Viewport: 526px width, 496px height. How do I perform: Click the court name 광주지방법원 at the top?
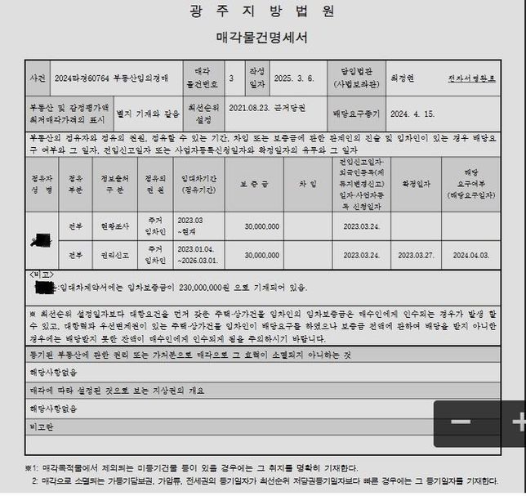(x=262, y=11)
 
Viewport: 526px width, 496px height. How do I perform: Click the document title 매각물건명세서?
(x=262, y=38)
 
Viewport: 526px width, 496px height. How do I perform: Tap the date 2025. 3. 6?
(x=291, y=79)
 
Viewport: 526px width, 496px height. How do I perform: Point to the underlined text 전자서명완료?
(x=471, y=78)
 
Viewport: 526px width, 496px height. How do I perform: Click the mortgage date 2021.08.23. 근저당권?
(x=266, y=109)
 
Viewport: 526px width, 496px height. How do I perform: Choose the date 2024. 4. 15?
(x=412, y=114)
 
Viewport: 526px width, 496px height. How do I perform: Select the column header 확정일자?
(x=414, y=184)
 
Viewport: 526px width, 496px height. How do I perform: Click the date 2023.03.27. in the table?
(x=414, y=255)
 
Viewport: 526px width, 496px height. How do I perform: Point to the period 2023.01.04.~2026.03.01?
(x=198, y=255)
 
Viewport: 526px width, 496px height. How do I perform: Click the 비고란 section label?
(x=42, y=427)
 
